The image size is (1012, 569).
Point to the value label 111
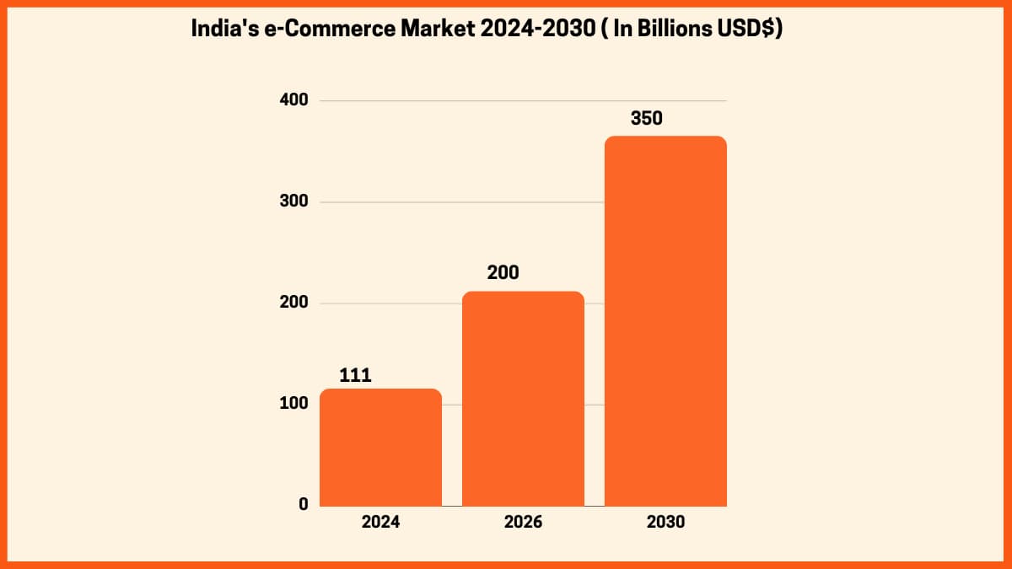coord(355,375)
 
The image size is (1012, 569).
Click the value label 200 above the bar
coord(503,273)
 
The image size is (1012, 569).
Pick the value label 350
coord(647,118)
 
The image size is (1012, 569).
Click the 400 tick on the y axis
coord(293,100)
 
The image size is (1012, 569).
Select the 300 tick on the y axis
coord(293,202)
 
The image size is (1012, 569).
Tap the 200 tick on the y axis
coord(293,303)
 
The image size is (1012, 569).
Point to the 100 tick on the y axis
coord(293,404)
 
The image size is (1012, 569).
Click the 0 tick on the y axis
coord(302,504)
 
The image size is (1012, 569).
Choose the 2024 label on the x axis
coord(380,522)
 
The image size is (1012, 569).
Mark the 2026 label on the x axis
coord(523,522)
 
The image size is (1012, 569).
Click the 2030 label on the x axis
coord(665,522)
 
